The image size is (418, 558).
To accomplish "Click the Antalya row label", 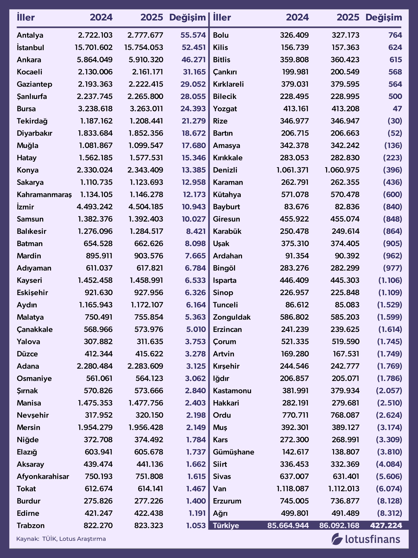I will point(30,35).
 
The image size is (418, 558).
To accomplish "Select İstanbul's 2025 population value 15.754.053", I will point(144,48).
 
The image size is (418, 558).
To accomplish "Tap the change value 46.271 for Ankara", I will point(194,60).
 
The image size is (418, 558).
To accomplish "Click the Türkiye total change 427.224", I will point(386,526).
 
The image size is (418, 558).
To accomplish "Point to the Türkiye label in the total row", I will point(226,526).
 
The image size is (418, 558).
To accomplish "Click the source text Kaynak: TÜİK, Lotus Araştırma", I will point(61,539).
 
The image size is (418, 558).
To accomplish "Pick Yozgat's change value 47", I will point(397,109).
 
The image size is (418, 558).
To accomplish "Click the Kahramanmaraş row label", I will point(44,195).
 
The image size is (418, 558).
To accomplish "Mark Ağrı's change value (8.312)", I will point(389,513).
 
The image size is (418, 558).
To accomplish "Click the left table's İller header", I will point(26,17).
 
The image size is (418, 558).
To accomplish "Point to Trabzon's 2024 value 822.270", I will point(98,526).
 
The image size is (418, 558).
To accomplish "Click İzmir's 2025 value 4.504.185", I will point(146,207).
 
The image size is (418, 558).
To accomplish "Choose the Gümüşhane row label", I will point(233,452).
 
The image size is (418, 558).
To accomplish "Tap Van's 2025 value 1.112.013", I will point(344,489).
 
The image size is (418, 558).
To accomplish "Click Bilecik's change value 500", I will point(395,96).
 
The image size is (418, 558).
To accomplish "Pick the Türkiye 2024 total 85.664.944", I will point(288,526).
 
